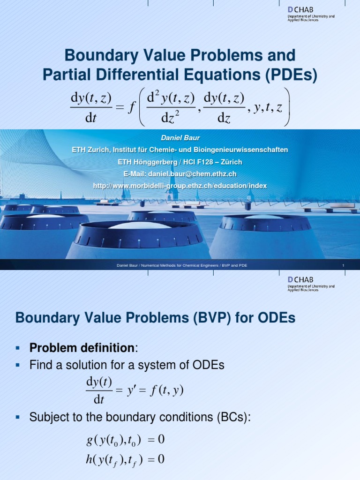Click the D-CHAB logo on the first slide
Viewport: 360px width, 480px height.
[x=310, y=14]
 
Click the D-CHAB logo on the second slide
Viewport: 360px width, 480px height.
[x=310, y=284]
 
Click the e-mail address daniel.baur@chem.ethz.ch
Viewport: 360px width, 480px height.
[x=193, y=174]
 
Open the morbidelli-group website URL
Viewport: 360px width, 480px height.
[x=180, y=186]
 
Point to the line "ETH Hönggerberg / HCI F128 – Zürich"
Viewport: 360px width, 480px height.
[x=180, y=162]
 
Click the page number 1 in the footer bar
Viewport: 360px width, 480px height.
[x=343, y=266]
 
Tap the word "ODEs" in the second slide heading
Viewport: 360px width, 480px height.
[x=276, y=318]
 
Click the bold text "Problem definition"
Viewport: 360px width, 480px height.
[x=82, y=348]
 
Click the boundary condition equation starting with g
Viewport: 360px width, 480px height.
[x=125, y=440]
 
